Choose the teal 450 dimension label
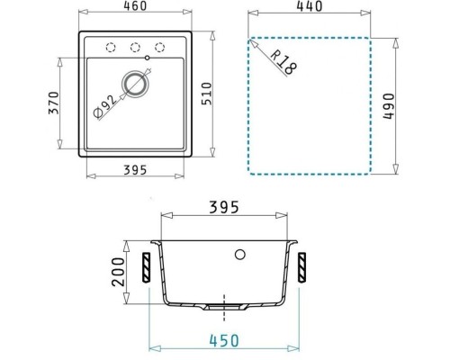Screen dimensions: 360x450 point(225,341)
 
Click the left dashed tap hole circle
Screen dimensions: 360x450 point(112,48)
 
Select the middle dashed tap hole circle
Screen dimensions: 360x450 point(137,48)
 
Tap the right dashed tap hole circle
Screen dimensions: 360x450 point(161,48)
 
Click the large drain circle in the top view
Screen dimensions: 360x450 point(136,85)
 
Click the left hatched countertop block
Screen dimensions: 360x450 point(145,267)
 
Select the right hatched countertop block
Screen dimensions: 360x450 point(302,267)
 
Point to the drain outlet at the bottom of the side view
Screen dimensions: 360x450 point(223,306)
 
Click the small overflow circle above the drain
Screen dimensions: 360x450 point(148,61)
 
